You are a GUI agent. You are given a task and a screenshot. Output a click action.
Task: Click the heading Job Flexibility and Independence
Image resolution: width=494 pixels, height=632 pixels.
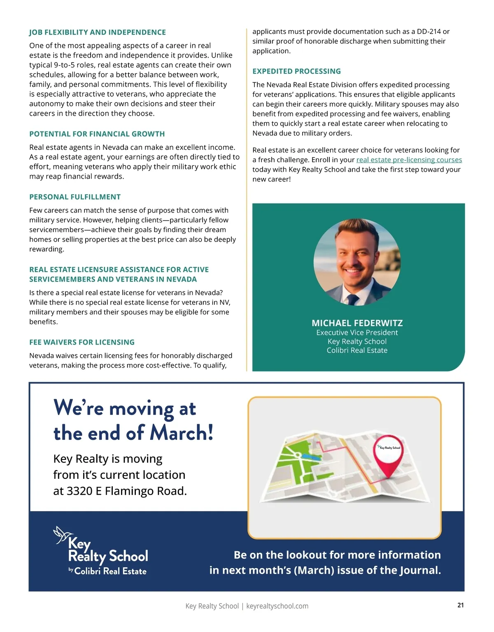(98, 33)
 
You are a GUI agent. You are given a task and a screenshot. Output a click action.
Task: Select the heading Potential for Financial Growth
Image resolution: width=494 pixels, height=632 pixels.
(97, 134)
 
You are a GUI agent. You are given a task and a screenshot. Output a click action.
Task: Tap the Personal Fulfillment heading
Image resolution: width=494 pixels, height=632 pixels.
(75, 197)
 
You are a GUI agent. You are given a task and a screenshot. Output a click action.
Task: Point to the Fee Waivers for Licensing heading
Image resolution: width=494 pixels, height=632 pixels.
(82, 342)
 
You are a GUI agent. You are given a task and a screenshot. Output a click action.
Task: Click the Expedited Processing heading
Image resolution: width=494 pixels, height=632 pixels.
(296, 71)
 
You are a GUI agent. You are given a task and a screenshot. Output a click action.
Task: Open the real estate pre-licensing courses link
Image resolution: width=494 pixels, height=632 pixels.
(409, 160)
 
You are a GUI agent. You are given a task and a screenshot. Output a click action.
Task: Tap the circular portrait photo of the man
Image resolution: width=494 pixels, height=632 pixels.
(357, 262)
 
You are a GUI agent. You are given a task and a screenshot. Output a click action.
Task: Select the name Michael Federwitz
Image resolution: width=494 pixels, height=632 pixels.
(357, 323)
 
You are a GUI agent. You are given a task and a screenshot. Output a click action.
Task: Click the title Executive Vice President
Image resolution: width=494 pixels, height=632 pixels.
(357, 333)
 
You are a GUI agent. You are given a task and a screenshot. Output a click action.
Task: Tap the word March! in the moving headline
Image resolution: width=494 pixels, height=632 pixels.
(182, 433)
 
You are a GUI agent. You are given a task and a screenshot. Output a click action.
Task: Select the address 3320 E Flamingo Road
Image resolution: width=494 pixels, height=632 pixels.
(126, 491)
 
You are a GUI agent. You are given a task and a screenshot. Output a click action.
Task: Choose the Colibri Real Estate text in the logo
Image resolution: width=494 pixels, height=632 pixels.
(110, 571)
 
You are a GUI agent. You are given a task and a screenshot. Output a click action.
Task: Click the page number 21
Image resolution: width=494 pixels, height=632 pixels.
(460, 605)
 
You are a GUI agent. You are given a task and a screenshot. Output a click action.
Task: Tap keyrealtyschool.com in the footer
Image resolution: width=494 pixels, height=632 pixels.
(277, 606)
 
